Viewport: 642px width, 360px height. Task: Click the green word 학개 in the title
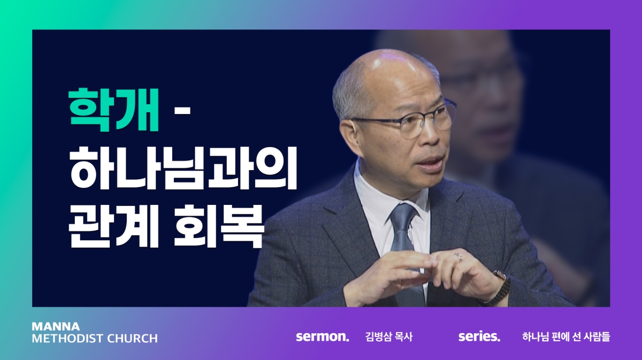[x=113, y=110]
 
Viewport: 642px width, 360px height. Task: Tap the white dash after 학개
[x=182, y=110]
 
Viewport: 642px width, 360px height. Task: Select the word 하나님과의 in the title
[x=183, y=168]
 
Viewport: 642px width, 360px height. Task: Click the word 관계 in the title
[x=113, y=226]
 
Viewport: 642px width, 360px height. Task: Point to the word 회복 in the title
[x=219, y=226]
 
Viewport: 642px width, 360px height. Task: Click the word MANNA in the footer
[x=56, y=326]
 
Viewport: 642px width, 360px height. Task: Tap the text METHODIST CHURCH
[x=95, y=339]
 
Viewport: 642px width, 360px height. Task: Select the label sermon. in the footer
[x=323, y=336]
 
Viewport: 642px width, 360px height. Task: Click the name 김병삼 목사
[x=389, y=336]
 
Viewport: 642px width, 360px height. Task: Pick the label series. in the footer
[x=479, y=336]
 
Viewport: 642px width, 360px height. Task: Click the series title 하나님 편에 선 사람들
[x=566, y=336]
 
